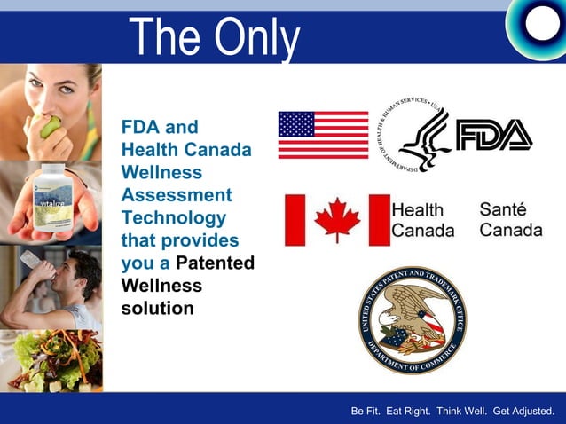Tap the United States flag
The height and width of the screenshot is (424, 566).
click(323, 135)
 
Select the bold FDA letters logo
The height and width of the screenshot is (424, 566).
click(493, 135)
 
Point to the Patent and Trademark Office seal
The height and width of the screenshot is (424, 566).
click(413, 319)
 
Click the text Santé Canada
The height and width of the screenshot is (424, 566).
click(510, 220)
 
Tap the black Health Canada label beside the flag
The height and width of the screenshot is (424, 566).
click(423, 220)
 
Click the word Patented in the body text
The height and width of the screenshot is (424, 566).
click(216, 263)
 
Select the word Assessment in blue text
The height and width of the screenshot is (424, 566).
click(176, 195)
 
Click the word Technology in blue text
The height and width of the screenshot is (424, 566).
click(174, 218)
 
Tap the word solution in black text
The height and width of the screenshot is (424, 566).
click(157, 309)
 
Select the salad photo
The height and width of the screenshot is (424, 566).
click(51, 359)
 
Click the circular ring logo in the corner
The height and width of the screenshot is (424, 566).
click(537, 24)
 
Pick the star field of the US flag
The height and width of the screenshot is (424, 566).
click(296, 123)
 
